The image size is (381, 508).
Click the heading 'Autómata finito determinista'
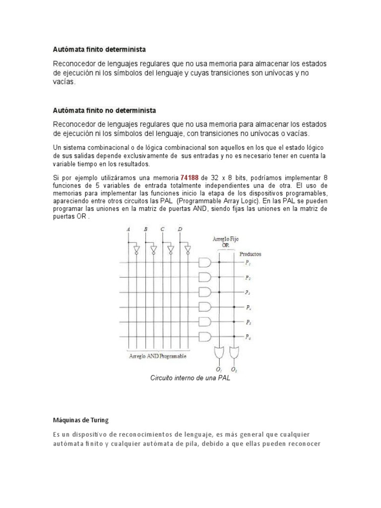click(x=100, y=50)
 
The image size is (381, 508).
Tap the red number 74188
click(x=191, y=178)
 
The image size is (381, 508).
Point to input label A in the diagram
click(x=128, y=230)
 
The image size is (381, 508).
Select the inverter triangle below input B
click(x=153, y=249)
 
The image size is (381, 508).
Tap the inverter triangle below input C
click(x=171, y=249)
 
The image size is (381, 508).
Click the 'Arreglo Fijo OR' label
click(x=225, y=241)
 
